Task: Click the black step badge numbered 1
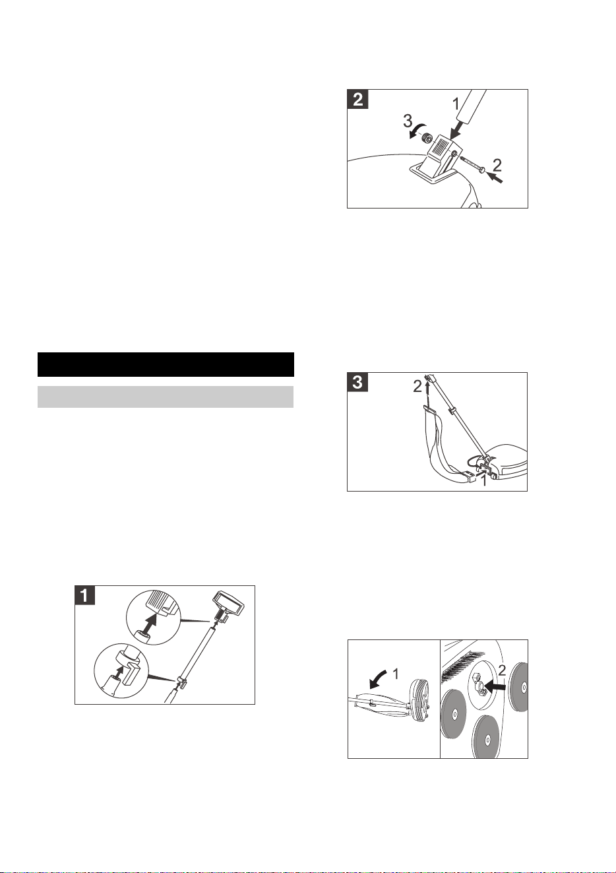(x=85, y=595)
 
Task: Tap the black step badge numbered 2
(x=357, y=100)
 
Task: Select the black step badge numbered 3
(x=357, y=382)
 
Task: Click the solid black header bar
(x=166, y=364)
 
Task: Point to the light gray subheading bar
(x=166, y=397)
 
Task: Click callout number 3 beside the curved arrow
(x=408, y=121)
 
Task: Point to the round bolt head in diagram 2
(x=482, y=170)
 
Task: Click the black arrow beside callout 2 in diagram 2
(x=495, y=178)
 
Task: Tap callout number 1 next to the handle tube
(x=456, y=104)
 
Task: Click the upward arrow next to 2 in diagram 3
(x=428, y=394)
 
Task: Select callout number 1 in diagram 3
(x=483, y=481)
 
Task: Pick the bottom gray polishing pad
(x=485, y=736)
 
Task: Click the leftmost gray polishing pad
(x=454, y=714)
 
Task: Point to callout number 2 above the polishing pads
(x=502, y=670)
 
